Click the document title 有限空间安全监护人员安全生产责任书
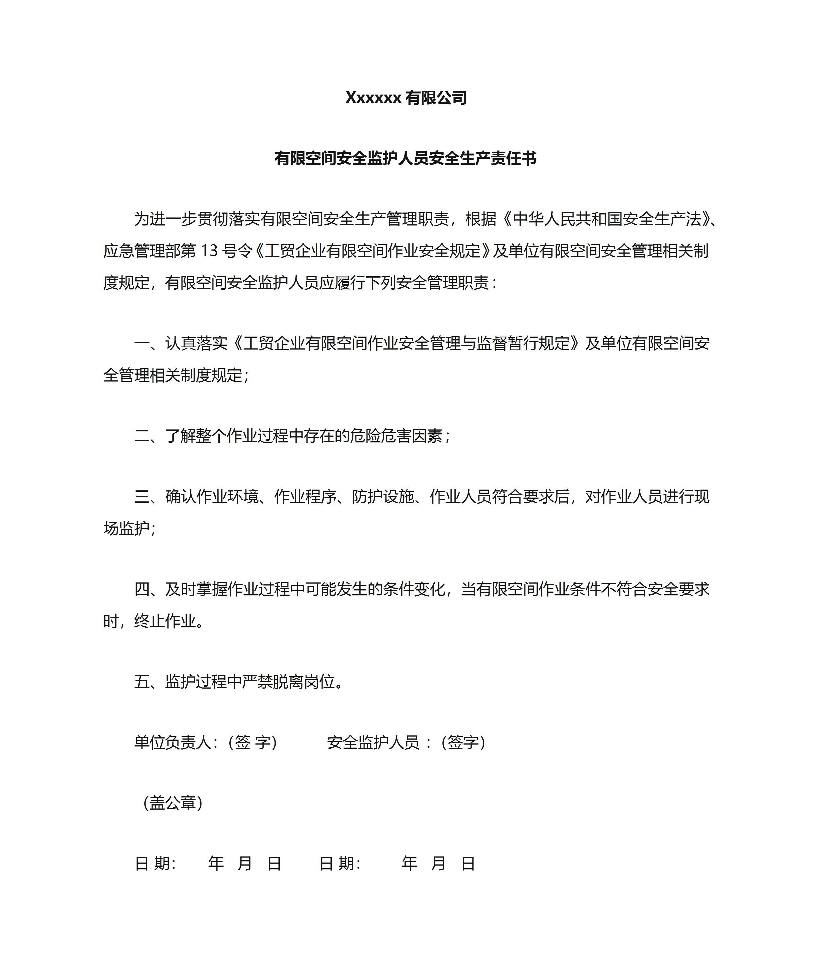tap(406, 159)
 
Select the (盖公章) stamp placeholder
tap(173, 803)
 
